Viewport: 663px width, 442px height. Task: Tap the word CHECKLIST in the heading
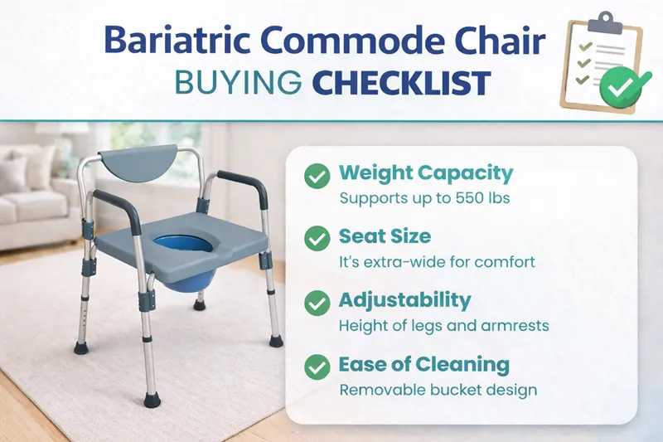[404, 84]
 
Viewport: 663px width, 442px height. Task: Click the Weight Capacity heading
[426, 173]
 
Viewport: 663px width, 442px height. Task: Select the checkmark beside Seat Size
[316, 239]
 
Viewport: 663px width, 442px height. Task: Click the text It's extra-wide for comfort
[437, 262]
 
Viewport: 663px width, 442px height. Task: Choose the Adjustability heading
[404, 300]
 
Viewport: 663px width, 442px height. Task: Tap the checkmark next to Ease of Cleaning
[316, 367]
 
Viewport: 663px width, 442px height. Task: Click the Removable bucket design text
[438, 390]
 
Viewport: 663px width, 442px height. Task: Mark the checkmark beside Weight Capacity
[316, 175]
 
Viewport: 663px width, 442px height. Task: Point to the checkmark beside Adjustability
[316, 303]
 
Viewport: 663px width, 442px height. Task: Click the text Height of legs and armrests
[443, 326]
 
